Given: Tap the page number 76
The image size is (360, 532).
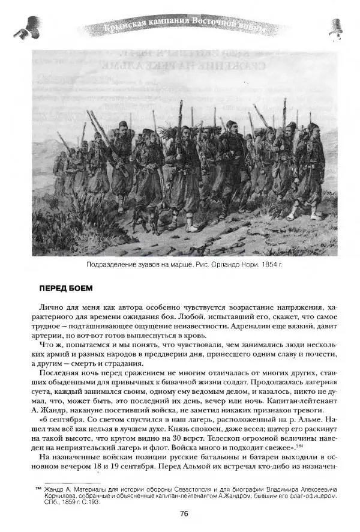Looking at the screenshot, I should click(x=184, y=512).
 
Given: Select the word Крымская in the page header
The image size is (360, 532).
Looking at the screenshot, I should click(x=127, y=27).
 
